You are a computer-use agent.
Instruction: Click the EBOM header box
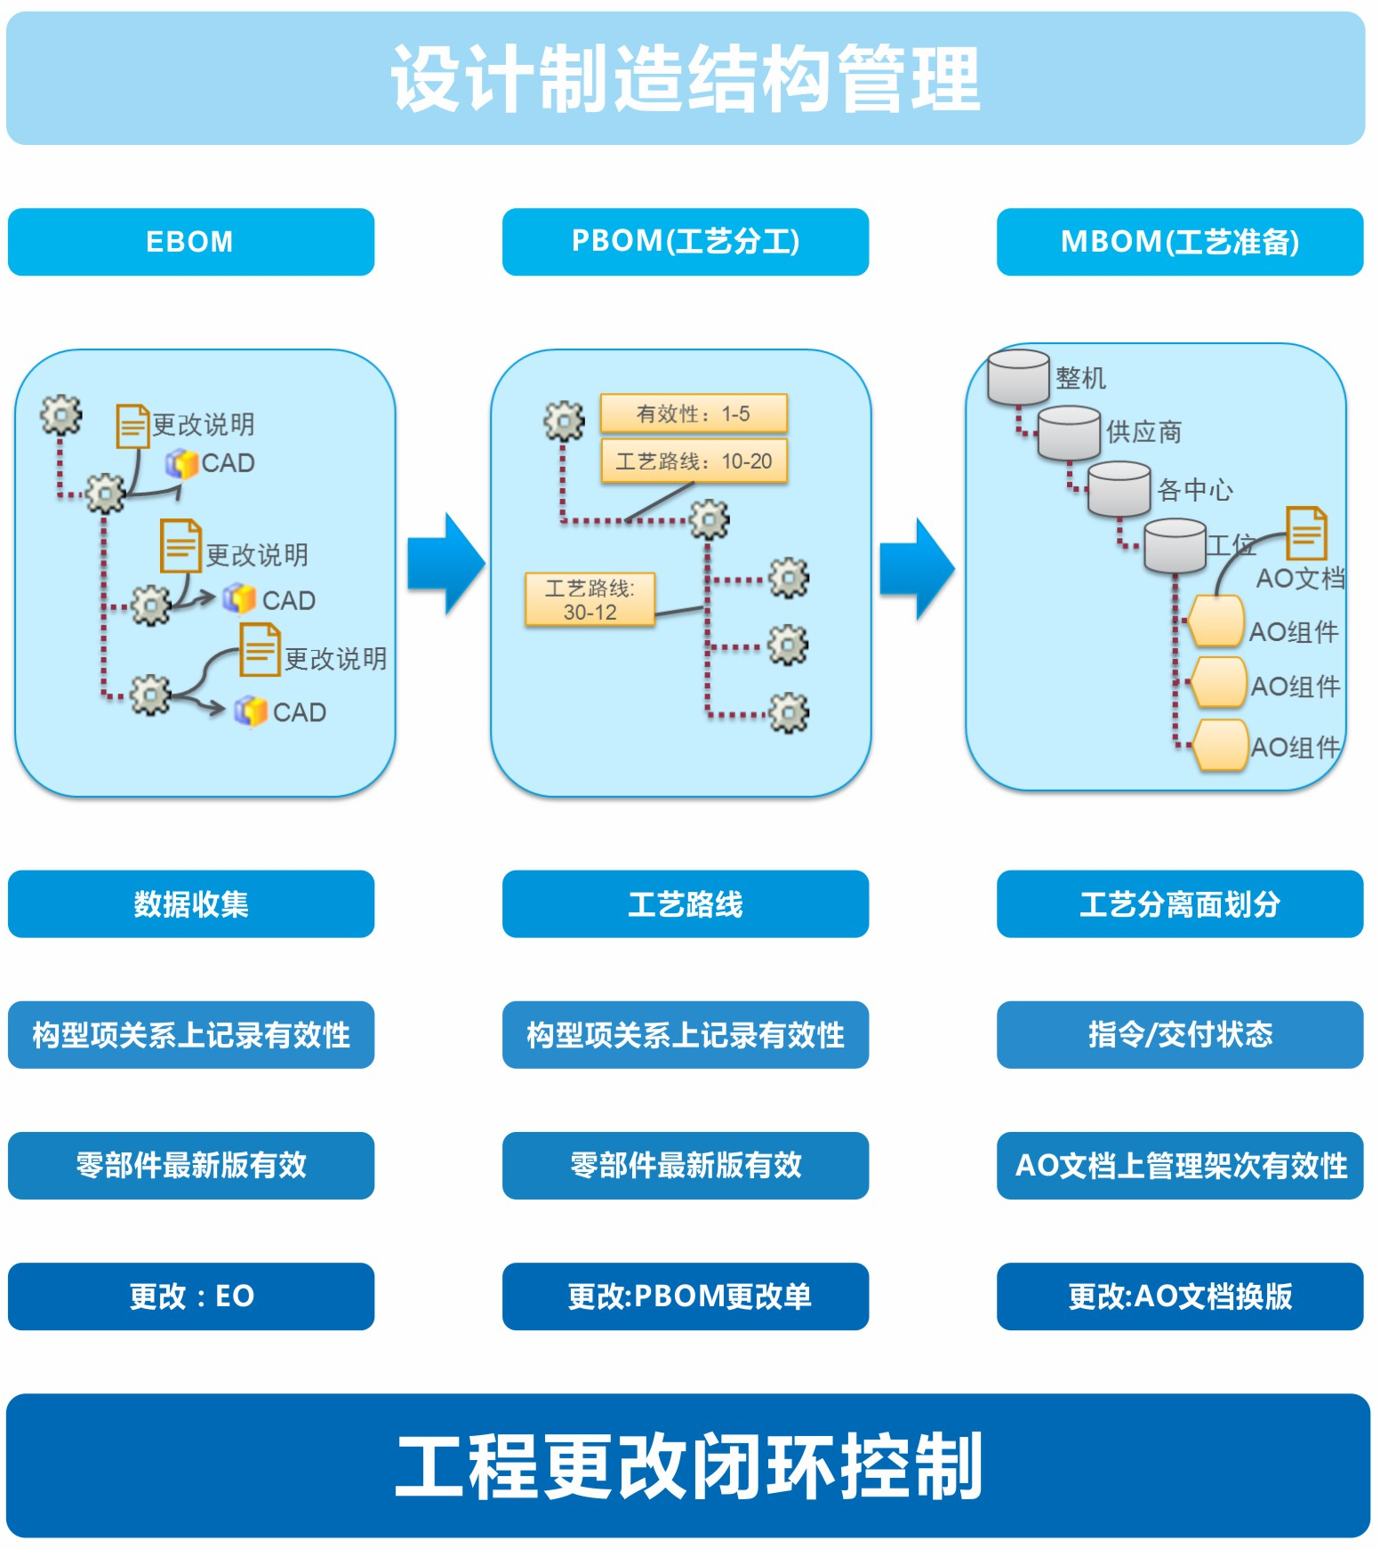190,242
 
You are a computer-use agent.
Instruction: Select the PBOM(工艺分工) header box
685,242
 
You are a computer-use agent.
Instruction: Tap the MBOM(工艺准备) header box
1179,242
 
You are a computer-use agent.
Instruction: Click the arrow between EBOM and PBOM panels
446,564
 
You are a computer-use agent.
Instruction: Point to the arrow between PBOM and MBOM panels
918,569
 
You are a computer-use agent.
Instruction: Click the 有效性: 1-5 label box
694,413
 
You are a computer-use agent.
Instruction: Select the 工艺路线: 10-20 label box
694,461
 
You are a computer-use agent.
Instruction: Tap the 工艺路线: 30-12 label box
590,600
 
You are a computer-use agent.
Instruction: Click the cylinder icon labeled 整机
1018,376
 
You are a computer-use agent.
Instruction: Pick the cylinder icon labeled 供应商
1069,432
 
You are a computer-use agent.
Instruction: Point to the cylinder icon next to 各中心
1119,488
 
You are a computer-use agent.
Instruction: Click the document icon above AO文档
1306,533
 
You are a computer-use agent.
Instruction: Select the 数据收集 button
190,903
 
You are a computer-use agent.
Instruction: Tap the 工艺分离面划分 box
1179,903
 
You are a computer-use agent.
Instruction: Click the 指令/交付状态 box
1179,1034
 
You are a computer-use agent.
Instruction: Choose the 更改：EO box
190,1296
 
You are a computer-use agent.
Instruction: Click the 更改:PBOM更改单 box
685,1296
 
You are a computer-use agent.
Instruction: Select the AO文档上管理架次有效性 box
1179,1165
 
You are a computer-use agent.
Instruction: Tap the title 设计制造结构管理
685,78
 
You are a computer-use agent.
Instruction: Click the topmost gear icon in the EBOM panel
61,414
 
